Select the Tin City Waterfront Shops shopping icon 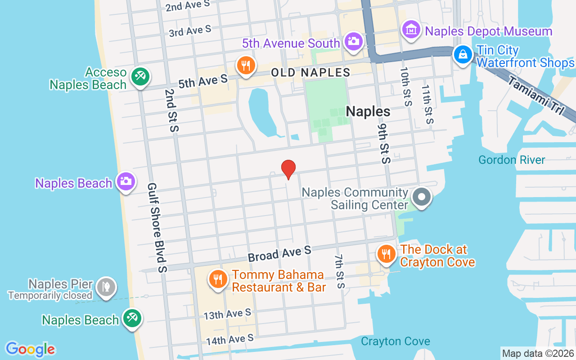463,55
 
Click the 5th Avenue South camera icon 353,41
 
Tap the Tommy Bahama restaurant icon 218,279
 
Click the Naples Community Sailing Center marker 422,198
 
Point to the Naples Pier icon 106,287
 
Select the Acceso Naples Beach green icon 140,76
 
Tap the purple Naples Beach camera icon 126,182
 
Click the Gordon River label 512,160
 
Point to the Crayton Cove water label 395,342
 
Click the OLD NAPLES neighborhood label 310,72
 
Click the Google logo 30,349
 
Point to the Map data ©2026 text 538,353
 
